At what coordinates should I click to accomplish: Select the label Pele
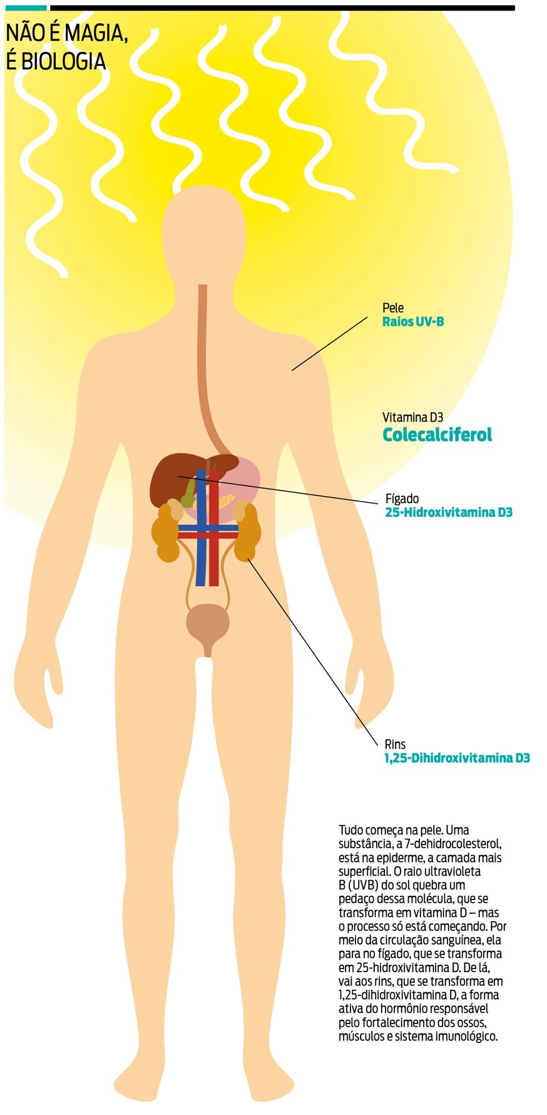(x=393, y=308)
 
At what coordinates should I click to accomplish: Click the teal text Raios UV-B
(x=413, y=322)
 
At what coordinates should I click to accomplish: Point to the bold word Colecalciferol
(x=437, y=434)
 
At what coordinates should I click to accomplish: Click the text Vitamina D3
(x=412, y=417)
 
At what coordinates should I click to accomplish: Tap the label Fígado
(x=402, y=499)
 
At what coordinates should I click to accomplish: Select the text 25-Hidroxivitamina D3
(x=449, y=512)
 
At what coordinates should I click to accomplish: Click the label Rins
(x=395, y=745)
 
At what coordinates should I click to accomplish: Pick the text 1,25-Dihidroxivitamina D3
(x=457, y=758)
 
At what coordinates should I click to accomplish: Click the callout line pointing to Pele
(x=330, y=343)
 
